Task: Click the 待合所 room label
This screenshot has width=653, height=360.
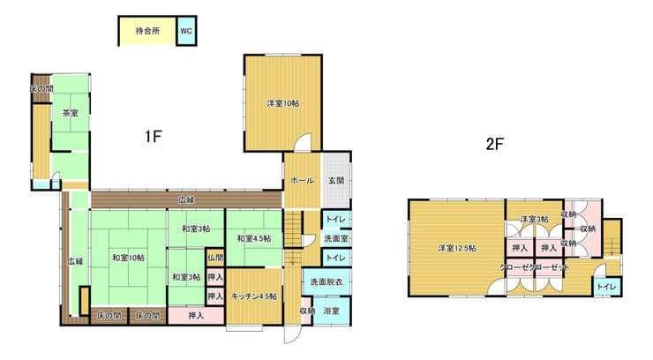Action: [147, 31]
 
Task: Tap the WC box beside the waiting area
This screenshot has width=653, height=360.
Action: [186, 31]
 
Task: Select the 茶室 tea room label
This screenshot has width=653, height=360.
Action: [71, 113]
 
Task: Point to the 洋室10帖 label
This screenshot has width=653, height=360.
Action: [282, 103]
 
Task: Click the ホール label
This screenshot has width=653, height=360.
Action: [303, 181]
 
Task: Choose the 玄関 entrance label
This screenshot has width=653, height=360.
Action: [336, 181]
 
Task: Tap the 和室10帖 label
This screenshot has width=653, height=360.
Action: [128, 258]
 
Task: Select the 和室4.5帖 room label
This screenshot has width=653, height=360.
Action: [254, 238]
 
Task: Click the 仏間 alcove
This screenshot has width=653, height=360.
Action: [215, 258]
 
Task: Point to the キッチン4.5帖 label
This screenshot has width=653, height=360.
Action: [254, 296]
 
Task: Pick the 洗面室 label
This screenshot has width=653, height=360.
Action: [336, 238]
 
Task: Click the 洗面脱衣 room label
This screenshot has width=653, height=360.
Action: [326, 281]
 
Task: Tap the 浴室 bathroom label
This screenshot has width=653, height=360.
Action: [332, 311]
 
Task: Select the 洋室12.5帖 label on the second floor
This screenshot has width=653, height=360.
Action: [457, 249]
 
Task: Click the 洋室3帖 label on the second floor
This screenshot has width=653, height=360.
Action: [534, 219]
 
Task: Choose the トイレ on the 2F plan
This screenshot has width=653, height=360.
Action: [606, 287]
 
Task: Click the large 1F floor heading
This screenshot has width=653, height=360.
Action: [153, 136]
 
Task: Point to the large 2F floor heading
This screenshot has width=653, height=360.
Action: [495, 144]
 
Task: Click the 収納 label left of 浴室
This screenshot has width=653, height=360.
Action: [307, 311]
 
